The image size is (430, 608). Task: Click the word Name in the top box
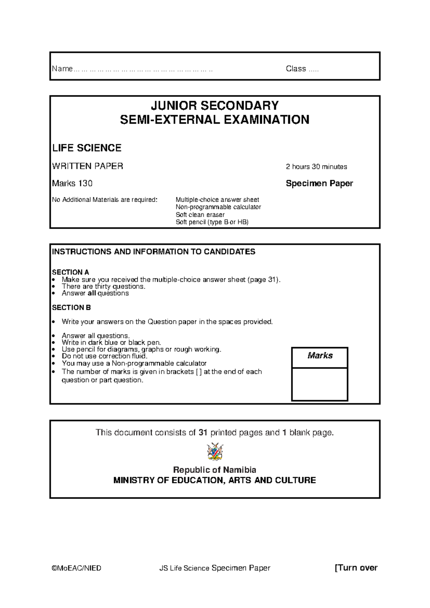coord(62,69)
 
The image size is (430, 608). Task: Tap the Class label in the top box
coord(296,69)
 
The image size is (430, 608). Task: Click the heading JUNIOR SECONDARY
coord(214,106)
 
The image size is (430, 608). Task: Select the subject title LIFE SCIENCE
coord(87,148)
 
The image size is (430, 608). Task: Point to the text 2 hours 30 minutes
coord(316,167)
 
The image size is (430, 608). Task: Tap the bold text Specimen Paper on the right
coord(319,184)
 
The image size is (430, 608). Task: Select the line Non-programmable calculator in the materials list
coord(218,207)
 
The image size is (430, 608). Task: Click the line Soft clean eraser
coord(200,215)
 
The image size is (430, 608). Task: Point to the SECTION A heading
coord(70,272)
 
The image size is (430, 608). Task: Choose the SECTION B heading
coord(71,308)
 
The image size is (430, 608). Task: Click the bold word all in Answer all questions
coord(92,293)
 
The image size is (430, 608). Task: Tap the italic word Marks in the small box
coord(320,356)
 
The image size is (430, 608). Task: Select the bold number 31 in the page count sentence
coord(203,433)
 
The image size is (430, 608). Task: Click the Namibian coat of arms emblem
coord(215,452)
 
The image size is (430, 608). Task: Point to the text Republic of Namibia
coord(214,470)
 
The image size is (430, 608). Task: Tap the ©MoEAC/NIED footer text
coord(76,568)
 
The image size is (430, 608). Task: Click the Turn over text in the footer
coord(357,567)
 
